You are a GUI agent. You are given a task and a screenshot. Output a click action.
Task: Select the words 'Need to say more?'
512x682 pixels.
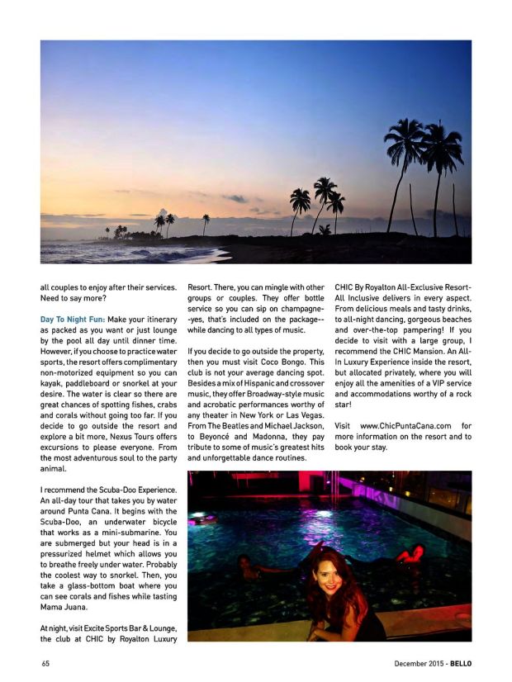[73, 298]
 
